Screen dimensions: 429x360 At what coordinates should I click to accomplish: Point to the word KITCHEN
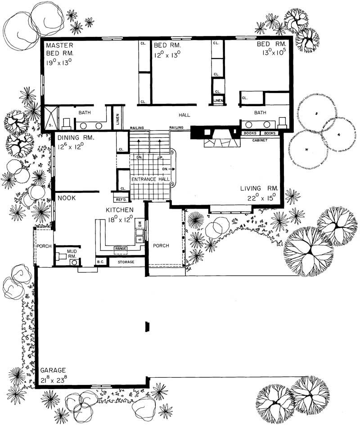coord(119,210)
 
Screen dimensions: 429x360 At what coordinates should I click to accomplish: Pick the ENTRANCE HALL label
coord(150,179)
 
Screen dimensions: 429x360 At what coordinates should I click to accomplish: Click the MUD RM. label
coord(72,254)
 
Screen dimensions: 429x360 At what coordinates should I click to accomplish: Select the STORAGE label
coord(126,261)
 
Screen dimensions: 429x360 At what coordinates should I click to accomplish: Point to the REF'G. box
coord(120,199)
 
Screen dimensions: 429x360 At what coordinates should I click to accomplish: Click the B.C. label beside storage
coord(100,261)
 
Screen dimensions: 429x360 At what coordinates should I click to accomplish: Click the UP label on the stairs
coord(160,157)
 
